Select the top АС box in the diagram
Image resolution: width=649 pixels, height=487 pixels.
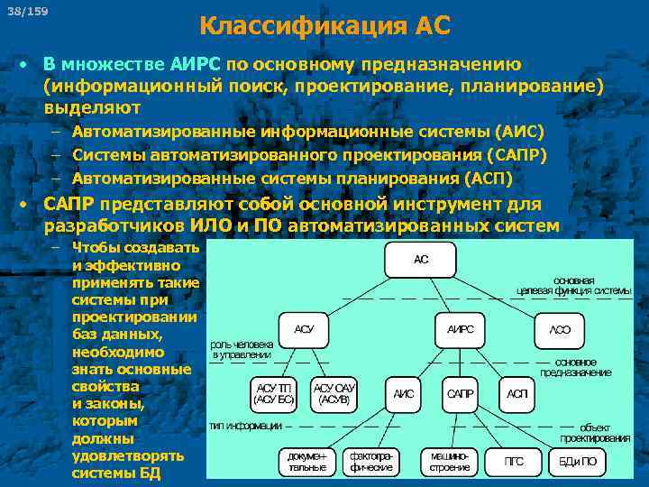coord(421,259)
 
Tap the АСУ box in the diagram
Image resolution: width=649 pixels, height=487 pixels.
coord(305,330)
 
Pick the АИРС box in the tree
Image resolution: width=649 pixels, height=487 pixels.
coord(460,330)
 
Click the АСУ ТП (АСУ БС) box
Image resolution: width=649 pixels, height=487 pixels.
coord(274,392)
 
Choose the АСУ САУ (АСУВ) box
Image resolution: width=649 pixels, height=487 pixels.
coord(335,392)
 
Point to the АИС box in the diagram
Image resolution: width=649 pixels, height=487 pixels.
coord(404,394)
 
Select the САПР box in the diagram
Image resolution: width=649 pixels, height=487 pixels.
coord(461,394)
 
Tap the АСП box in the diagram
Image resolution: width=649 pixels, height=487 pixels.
coord(517,394)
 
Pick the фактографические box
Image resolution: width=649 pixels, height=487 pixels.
coord(370,462)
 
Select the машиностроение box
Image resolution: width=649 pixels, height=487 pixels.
coord(449,462)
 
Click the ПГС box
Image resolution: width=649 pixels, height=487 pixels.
coord(514,462)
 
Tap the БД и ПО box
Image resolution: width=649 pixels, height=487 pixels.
coord(578,462)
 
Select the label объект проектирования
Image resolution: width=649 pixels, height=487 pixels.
coord(595,432)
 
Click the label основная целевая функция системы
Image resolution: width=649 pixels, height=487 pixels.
coord(574,285)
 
